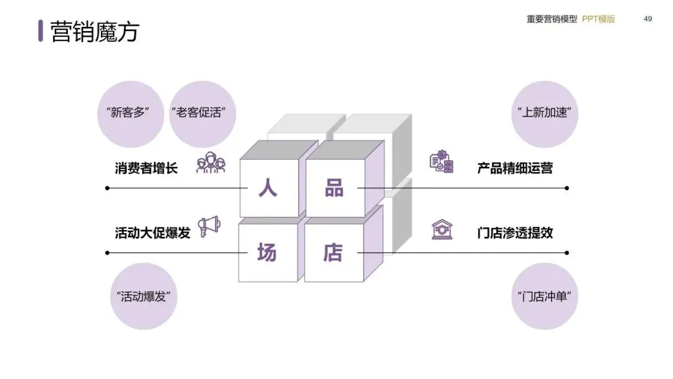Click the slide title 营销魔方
pos(94,31)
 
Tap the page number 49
pos(648,19)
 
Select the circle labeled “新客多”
pos(130,113)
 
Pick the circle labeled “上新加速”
pos(544,113)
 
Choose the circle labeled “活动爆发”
pos(144,296)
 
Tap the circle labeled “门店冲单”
pos(544,296)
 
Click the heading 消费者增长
pos(146,168)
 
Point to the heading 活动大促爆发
pos(152,233)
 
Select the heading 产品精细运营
pos(515,168)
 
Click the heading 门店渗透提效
pos(515,233)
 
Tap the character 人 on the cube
pos(268,188)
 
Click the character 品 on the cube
pos(334,188)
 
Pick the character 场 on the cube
pos(267,252)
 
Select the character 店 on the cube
pos(333,252)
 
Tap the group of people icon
pos(211,163)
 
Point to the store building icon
pos(442,229)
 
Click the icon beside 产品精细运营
pos(442,162)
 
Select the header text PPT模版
pos(598,19)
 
